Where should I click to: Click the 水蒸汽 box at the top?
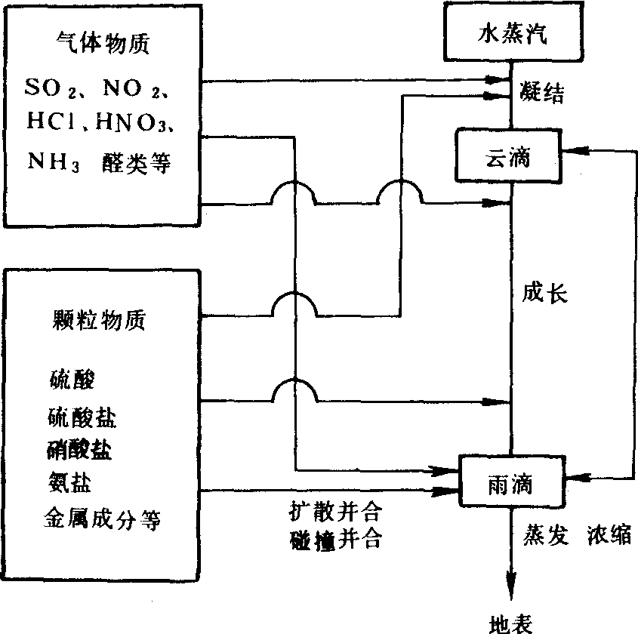511,34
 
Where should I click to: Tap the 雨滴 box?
511,481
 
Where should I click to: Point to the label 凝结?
542,93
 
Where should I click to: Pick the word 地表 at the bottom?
511,623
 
